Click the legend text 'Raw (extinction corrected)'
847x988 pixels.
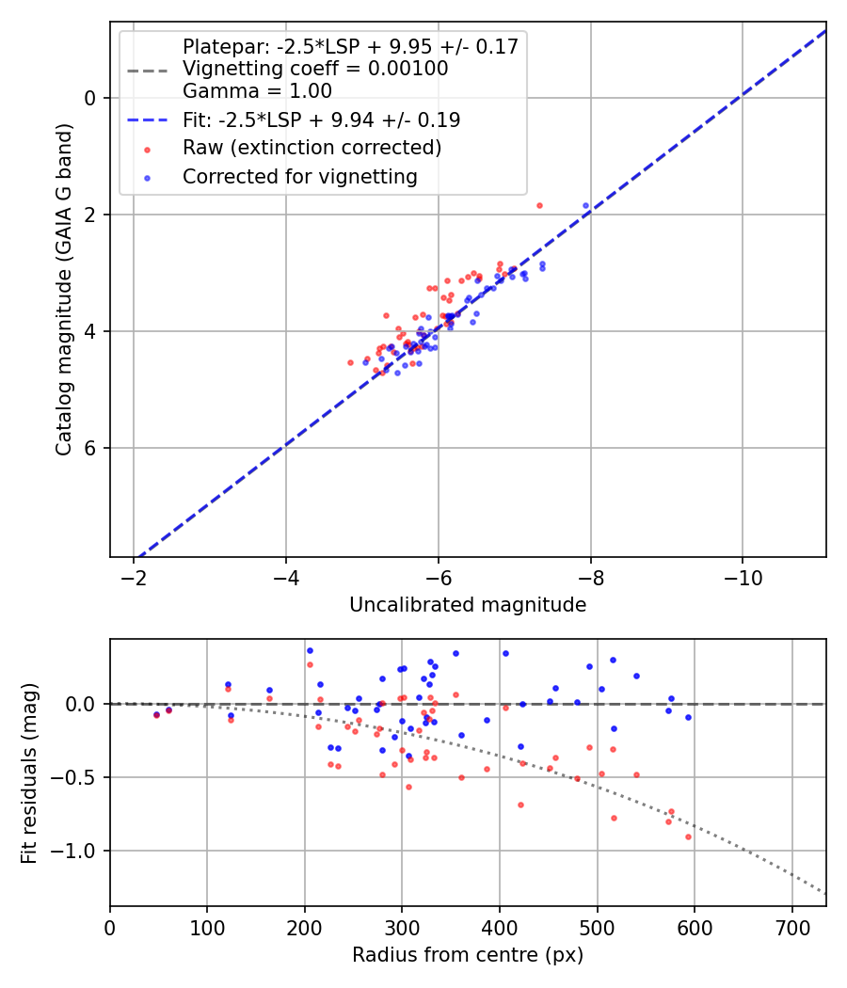click(312, 148)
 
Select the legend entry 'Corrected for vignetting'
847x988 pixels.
click(300, 176)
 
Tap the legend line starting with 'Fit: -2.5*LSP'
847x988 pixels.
click(321, 120)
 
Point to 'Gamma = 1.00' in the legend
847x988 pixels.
click(257, 91)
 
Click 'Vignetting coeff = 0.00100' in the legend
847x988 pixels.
click(315, 69)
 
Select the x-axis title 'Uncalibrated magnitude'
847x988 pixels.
click(468, 605)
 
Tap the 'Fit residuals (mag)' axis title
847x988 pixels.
click(29, 773)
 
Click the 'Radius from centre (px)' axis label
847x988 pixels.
click(468, 955)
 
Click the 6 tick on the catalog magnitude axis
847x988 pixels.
click(90, 448)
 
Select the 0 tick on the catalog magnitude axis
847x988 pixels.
click(90, 98)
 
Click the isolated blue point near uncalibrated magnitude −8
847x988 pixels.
click(585, 205)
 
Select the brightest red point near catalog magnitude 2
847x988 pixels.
click(539, 205)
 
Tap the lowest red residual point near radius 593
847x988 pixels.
click(688, 837)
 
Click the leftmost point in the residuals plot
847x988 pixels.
click(156, 715)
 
